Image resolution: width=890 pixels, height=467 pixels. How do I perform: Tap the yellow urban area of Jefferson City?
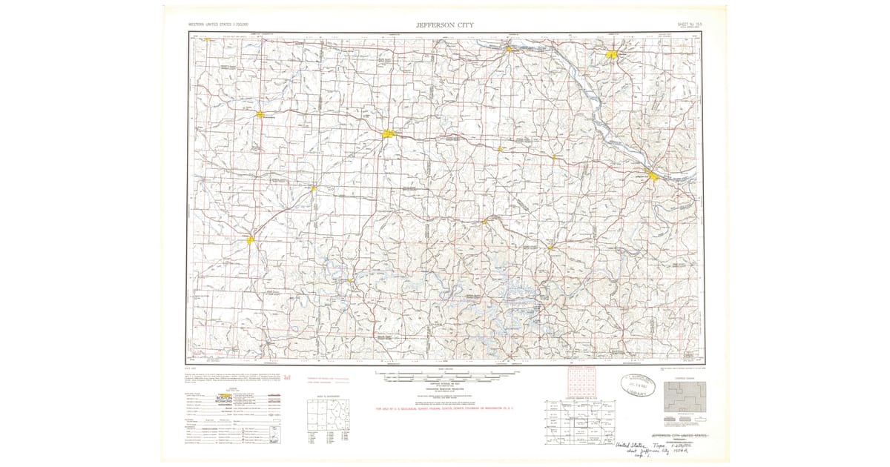[x=652, y=176]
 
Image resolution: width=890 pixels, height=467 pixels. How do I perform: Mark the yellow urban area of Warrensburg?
[x=261, y=114]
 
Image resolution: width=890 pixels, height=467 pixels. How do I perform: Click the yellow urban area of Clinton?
[x=251, y=239]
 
